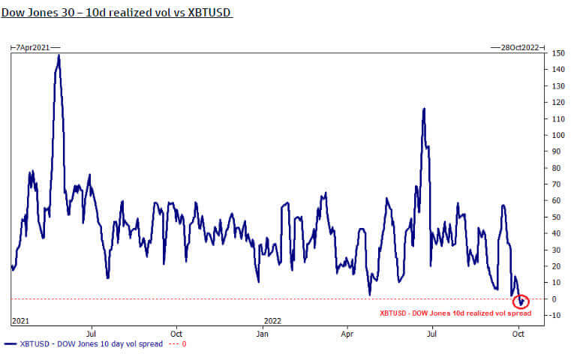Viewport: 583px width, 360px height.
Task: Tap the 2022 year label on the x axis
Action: pyautogui.click(x=272, y=320)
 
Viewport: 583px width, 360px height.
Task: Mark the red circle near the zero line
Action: pyautogui.click(x=521, y=301)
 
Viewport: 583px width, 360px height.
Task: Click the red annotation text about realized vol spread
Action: pyautogui.click(x=455, y=313)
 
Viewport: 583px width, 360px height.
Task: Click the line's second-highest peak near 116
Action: pyautogui.click(x=424, y=109)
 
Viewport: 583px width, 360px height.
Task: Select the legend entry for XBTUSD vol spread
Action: pyautogui.click(x=83, y=344)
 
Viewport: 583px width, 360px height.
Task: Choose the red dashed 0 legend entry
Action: pyautogui.click(x=177, y=344)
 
